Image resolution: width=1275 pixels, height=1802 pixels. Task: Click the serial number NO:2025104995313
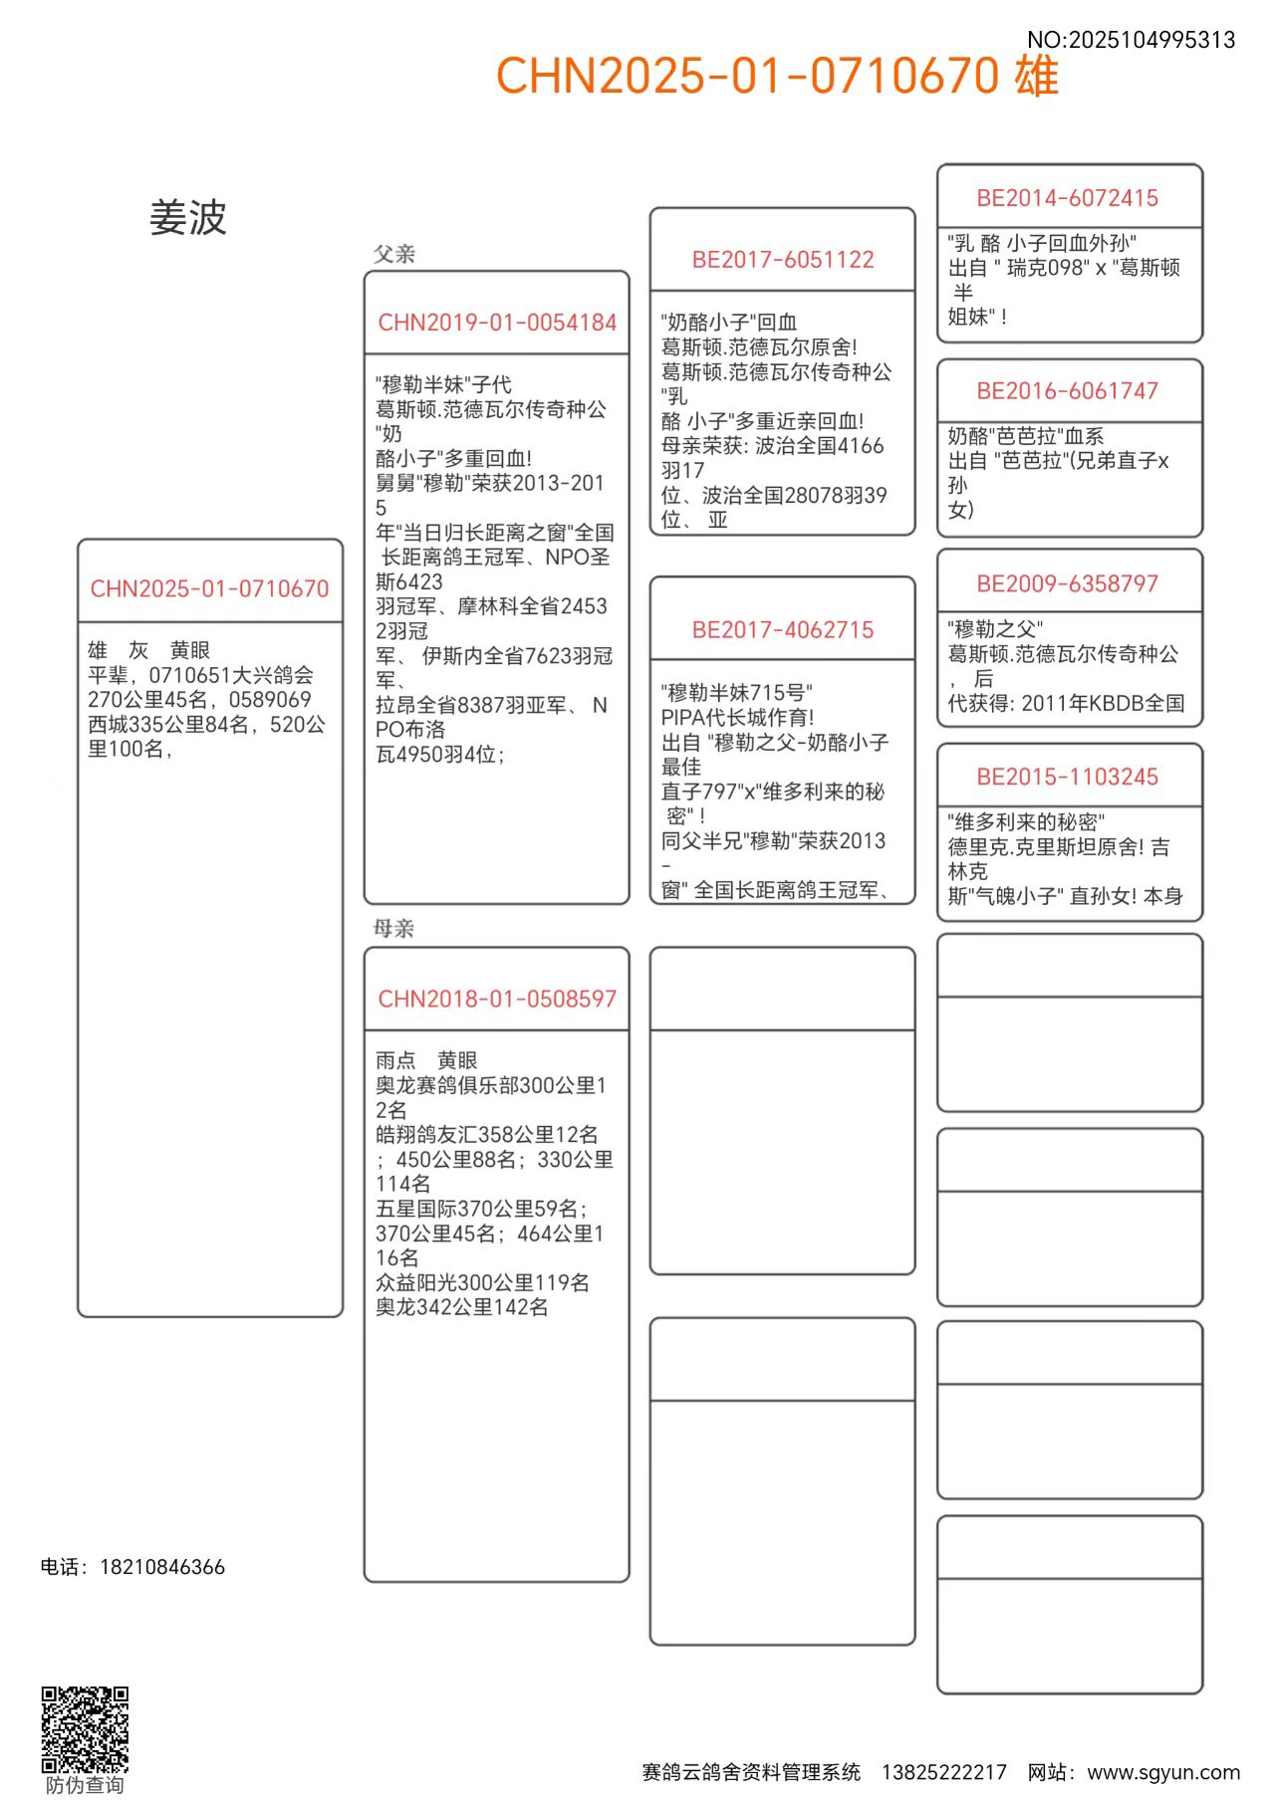pos(1131,40)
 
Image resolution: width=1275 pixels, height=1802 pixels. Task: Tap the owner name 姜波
pos(188,218)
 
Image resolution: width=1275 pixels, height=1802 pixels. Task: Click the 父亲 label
pos(394,254)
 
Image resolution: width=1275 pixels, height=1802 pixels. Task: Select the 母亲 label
pos(394,929)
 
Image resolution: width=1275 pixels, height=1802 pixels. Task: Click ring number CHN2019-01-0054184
pos(497,323)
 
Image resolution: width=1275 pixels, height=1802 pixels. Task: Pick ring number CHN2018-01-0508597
pos(497,999)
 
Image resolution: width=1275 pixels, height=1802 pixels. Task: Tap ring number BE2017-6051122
pos(783,260)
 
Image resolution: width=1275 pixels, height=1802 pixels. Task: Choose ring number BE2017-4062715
pos(783,630)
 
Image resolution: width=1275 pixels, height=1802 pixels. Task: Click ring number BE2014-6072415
pos(1068,198)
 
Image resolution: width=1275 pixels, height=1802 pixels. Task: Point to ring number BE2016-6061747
pos(1068,391)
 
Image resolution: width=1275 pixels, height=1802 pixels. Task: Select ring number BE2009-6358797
pos(1068,583)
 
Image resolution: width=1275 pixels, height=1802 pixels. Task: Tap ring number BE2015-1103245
pos(1068,777)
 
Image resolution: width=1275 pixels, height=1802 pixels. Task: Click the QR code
pos(85,1729)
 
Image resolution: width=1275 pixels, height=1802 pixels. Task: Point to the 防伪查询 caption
pos(85,1786)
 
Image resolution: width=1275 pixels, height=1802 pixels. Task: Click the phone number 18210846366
pos(162,1567)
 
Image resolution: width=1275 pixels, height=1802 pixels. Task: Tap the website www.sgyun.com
pos(1163,1772)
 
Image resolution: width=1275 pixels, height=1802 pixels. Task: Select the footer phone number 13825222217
pos(943,1772)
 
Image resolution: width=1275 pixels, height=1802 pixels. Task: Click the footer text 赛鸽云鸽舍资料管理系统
pos(751,1772)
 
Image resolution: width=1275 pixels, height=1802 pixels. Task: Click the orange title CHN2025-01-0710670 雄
pos(777,76)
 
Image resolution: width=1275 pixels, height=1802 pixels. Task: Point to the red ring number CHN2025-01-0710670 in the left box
pos(209,588)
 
